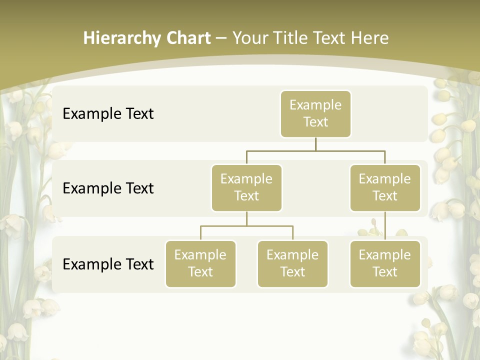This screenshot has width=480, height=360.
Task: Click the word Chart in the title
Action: tap(187, 38)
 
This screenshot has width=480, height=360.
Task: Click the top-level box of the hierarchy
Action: tap(315, 114)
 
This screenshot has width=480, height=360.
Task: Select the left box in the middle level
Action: tap(246, 188)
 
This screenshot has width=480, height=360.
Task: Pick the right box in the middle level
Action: tap(385, 188)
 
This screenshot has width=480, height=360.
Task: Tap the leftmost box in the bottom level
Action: tap(200, 264)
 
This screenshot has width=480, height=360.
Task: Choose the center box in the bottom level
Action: tap(292, 264)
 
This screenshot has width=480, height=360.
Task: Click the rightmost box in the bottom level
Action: tap(385, 264)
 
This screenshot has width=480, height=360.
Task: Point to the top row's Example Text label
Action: tap(108, 114)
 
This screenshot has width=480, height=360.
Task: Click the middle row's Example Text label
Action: tap(108, 188)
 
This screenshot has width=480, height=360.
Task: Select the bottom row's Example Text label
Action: tap(108, 264)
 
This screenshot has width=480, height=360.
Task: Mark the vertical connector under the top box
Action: tap(315, 144)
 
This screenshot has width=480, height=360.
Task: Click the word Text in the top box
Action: tap(315, 122)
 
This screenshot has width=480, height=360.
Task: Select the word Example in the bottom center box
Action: tap(292, 255)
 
